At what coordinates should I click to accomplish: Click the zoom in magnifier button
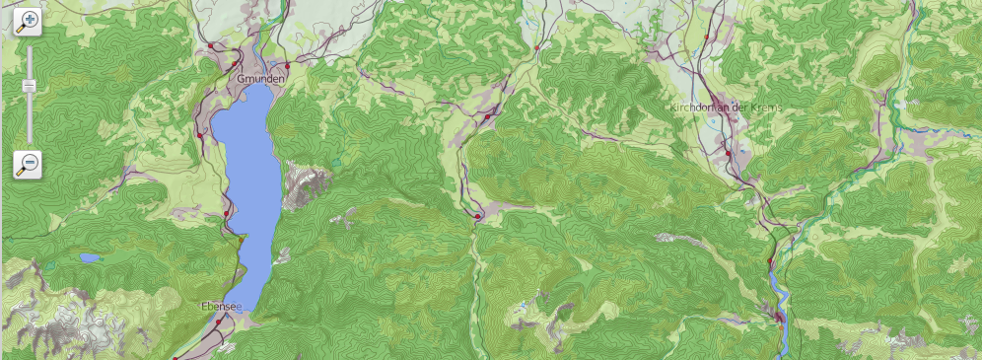(x=28, y=23)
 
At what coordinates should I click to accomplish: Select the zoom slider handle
(x=29, y=87)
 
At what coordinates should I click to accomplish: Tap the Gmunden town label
(x=260, y=78)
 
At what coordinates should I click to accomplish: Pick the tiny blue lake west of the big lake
(x=90, y=258)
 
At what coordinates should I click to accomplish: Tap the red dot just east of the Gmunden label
(x=287, y=66)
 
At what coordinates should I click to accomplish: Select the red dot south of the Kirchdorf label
(x=729, y=155)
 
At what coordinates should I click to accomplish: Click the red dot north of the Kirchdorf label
(x=707, y=37)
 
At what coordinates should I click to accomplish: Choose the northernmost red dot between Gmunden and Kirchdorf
(x=537, y=47)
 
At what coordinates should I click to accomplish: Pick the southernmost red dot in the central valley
(x=477, y=216)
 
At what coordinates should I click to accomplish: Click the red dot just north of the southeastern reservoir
(x=770, y=260)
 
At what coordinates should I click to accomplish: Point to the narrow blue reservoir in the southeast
(x=779, y=296)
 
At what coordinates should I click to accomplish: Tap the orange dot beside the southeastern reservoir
(x=778, y=318)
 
